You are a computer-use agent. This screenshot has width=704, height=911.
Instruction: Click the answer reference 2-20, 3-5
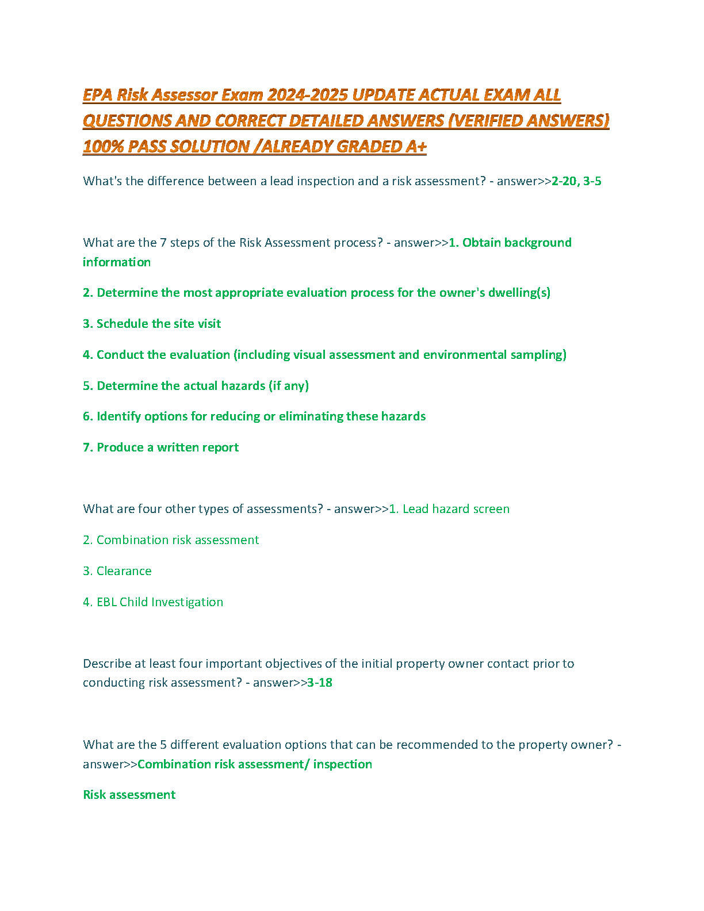tap(576, 181)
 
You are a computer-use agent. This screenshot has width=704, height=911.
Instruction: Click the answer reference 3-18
tap(320, 683)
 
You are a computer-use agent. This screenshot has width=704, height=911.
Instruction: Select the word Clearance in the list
tap(124, 571)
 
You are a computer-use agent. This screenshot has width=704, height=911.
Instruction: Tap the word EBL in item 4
tap(106, 602)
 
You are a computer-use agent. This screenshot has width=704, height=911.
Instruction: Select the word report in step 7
tap(221, 447)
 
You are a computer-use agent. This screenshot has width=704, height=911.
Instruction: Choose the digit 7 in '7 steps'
tap(163, 243)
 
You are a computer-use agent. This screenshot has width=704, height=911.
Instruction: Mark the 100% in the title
tap(102, 147)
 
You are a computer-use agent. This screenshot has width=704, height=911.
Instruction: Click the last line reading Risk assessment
tap(129, 795)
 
